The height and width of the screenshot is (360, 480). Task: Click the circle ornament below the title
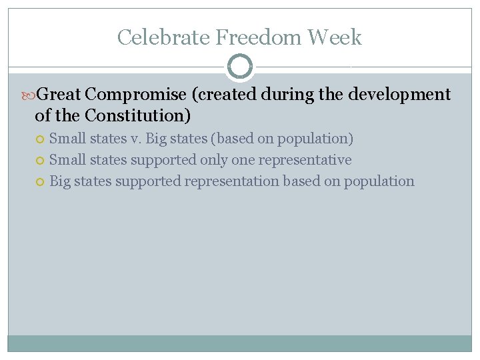240,67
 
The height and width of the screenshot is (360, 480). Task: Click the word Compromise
137,95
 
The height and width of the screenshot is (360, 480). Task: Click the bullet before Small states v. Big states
41,139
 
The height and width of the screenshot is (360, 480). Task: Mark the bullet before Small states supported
41,161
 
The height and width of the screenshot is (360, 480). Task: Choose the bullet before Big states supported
41,182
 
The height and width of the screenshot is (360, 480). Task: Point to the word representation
231,181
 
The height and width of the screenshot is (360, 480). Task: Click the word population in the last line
379,181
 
